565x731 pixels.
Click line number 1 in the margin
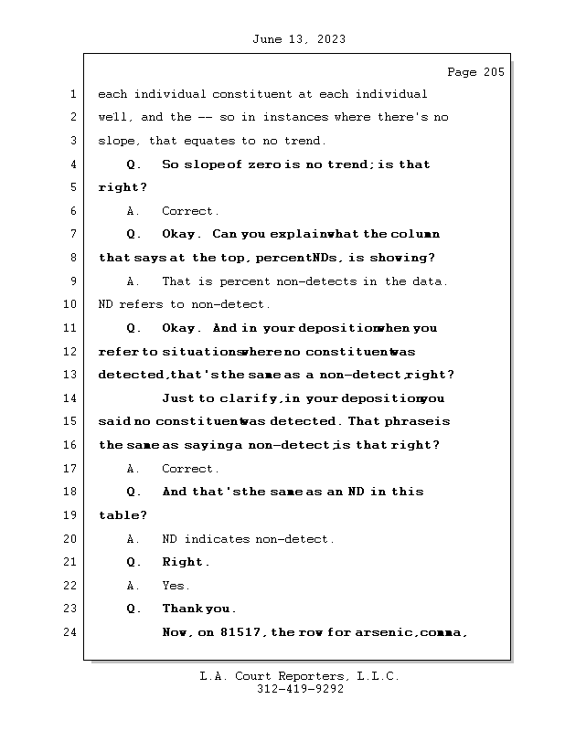tap(73, 94)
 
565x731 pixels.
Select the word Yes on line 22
tap(175, 586)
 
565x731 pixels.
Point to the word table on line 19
tap(120, 515)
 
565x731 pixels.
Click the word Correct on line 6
tap(189, 211)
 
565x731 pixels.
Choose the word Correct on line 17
tap(189, 469)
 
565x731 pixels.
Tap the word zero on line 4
tap(263, 164)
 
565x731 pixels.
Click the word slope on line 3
tap(117, 141)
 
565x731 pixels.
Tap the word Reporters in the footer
tap(307, 676)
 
